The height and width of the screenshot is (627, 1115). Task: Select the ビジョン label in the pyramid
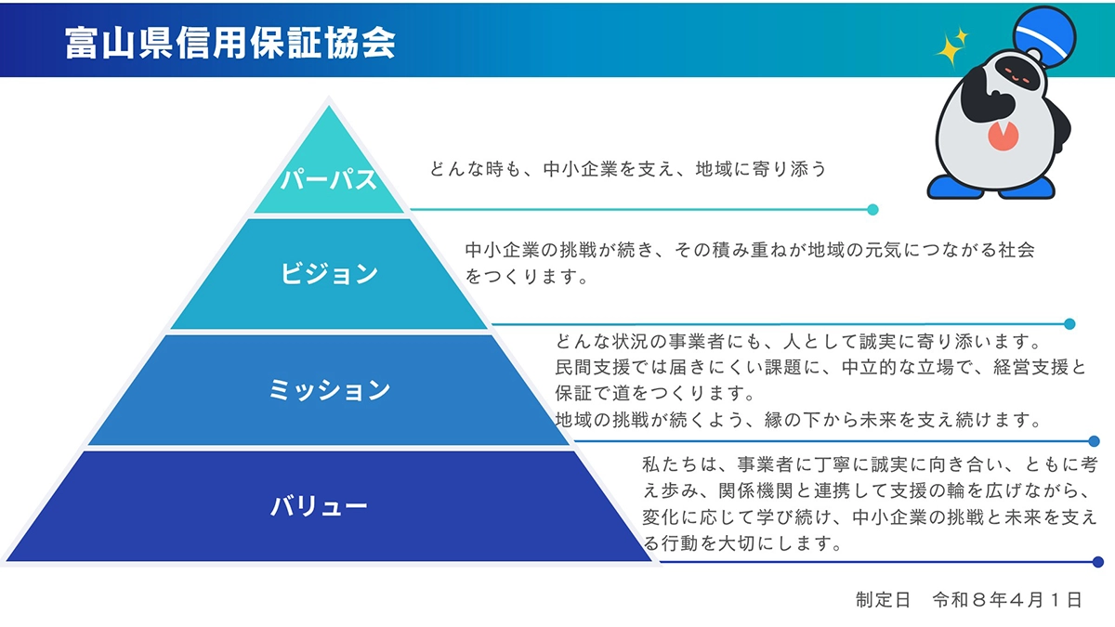(329, 273)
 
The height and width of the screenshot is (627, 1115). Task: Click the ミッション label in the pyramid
(329, 390)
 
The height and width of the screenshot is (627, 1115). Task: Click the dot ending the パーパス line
(872, 210)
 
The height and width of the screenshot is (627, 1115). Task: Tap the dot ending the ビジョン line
(1069, 324)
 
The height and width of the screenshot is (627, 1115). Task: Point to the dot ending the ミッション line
(1094, 442)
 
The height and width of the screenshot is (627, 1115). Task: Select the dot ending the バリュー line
(1097, 562)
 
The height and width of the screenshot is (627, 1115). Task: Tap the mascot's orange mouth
(1002, 137)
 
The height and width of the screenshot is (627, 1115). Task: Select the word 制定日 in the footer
(883, 600)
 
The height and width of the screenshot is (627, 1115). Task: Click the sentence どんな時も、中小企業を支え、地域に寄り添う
(627, 169)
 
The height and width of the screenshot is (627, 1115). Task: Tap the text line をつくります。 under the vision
(527, 277)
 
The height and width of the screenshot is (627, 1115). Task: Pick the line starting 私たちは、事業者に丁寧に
(870, 463)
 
